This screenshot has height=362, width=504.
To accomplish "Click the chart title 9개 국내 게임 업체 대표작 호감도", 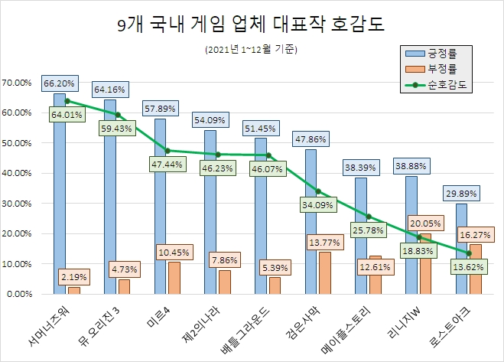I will click(251, 24).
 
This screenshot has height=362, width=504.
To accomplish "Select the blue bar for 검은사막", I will click(311, 222).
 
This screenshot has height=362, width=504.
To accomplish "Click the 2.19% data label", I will click(73, 275).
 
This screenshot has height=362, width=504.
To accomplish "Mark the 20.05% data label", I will click(424, 222).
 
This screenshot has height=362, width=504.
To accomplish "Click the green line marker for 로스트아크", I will click(468, 253).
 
